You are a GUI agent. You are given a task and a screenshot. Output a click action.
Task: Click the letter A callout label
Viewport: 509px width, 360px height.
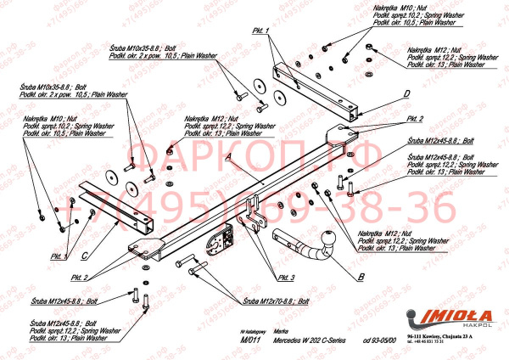pyautogui.click(x=227, y=158)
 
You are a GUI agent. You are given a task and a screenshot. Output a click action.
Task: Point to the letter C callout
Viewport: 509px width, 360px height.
pyautogui.click(x=86, y=253)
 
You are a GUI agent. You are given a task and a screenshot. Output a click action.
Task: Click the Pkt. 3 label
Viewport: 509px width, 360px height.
pyautogui.click(x=285, y=278)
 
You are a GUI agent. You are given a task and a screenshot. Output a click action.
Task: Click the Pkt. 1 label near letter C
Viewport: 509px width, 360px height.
pyautogui.click(x=59, y=256)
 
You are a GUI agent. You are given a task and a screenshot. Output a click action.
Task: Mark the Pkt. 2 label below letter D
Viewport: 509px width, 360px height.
pyautogui.click(x=414, y=119)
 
